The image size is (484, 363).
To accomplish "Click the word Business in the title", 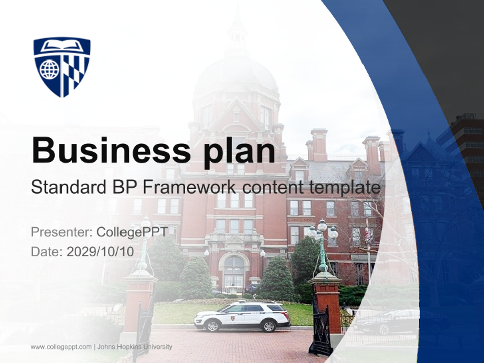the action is (x=111, y=150).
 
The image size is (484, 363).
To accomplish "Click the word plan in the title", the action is (x=239, y=153).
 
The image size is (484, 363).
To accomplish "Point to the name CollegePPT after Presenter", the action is (x=133, y=232).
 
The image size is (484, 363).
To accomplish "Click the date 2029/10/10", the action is (x=100, y=251).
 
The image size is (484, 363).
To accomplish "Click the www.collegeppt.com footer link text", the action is (x=61, y=347).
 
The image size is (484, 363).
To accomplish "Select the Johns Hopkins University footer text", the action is (x=135, y=347).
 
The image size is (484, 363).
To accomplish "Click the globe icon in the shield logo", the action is (x=49, y=69).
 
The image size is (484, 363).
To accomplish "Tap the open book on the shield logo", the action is (x=62, y=45).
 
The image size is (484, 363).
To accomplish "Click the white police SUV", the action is (x=242, y=317).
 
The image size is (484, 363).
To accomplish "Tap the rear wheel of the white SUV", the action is (x=268, y=326).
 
